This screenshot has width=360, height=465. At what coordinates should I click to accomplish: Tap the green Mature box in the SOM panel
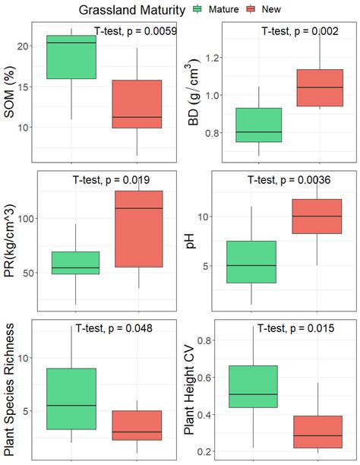[x=71, y=57]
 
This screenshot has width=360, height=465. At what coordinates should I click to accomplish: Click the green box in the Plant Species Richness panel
[x=71, y=399]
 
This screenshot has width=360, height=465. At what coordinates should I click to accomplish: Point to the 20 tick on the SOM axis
[x=23, y=46]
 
